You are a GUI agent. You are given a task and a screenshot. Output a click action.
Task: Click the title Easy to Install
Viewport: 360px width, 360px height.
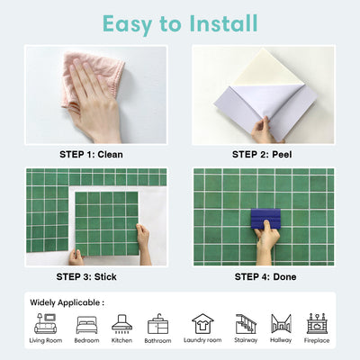click(179, 22)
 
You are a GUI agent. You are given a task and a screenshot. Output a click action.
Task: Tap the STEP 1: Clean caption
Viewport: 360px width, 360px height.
click(90, 154)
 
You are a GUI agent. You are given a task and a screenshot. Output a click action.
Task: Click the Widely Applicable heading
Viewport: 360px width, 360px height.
click(67, 302)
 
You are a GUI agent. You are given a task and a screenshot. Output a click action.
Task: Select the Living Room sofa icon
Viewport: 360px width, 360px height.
click(46, 324)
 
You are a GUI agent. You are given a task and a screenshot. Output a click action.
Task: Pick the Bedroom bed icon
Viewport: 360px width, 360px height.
click(87, 324)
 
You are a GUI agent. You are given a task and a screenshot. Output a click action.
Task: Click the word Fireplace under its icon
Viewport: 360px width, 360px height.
click(316, 341)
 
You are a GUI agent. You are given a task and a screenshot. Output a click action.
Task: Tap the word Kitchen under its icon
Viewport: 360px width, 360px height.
click(121, 341)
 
